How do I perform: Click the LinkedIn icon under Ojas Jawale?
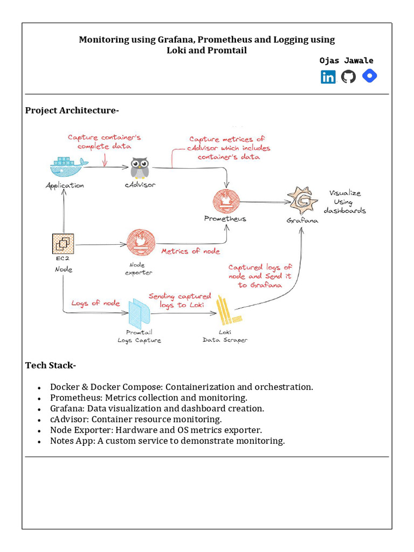328,77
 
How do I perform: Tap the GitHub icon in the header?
348,77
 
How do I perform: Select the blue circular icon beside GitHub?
369,76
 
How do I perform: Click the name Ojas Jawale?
346,61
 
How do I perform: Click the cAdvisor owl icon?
140,168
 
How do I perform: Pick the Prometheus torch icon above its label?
225,201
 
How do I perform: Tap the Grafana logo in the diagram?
301,201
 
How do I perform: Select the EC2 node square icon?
63,244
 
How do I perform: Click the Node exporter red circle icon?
141,244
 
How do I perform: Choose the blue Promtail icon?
139,314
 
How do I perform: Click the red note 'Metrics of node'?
191,251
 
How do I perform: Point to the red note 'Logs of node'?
95,303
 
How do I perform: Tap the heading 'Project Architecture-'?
72,111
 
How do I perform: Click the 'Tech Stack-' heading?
51,365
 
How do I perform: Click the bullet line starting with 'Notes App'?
167,441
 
